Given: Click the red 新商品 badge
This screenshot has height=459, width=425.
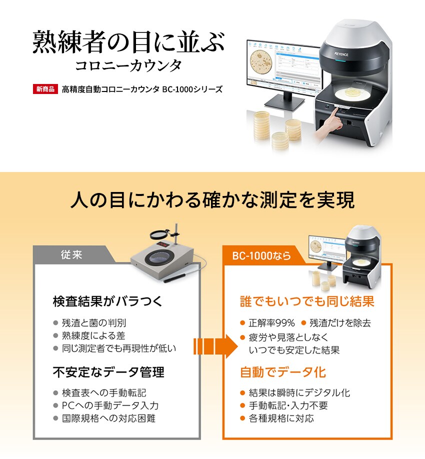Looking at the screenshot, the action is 45,89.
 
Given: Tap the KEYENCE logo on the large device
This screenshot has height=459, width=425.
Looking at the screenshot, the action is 341,54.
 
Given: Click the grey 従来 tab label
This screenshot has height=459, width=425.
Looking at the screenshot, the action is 71,254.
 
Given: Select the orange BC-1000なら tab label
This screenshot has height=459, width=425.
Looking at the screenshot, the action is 261,256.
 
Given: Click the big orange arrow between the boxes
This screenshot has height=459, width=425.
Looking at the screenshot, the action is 215,346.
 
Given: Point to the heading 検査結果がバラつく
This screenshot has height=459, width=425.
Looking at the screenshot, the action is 107,301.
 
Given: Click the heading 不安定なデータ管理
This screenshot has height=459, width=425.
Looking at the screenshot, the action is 108,372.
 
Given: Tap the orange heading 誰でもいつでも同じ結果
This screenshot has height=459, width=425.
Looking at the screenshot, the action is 307,301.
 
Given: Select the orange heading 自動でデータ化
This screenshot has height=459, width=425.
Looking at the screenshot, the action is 282,372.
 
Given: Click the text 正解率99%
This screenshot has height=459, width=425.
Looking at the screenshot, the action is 271,323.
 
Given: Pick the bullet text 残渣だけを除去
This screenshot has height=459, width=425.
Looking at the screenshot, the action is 340,323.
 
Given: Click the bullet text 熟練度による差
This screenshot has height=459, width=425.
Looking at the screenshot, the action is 93,335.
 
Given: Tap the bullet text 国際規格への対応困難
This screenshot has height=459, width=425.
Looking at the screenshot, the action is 108,418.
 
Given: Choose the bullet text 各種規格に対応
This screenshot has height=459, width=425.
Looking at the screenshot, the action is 281,418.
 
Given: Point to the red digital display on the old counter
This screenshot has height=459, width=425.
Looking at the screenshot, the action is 162,244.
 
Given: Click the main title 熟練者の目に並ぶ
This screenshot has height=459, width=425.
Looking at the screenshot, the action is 128,42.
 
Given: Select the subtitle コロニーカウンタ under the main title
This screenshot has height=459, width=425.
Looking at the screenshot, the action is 128,65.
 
